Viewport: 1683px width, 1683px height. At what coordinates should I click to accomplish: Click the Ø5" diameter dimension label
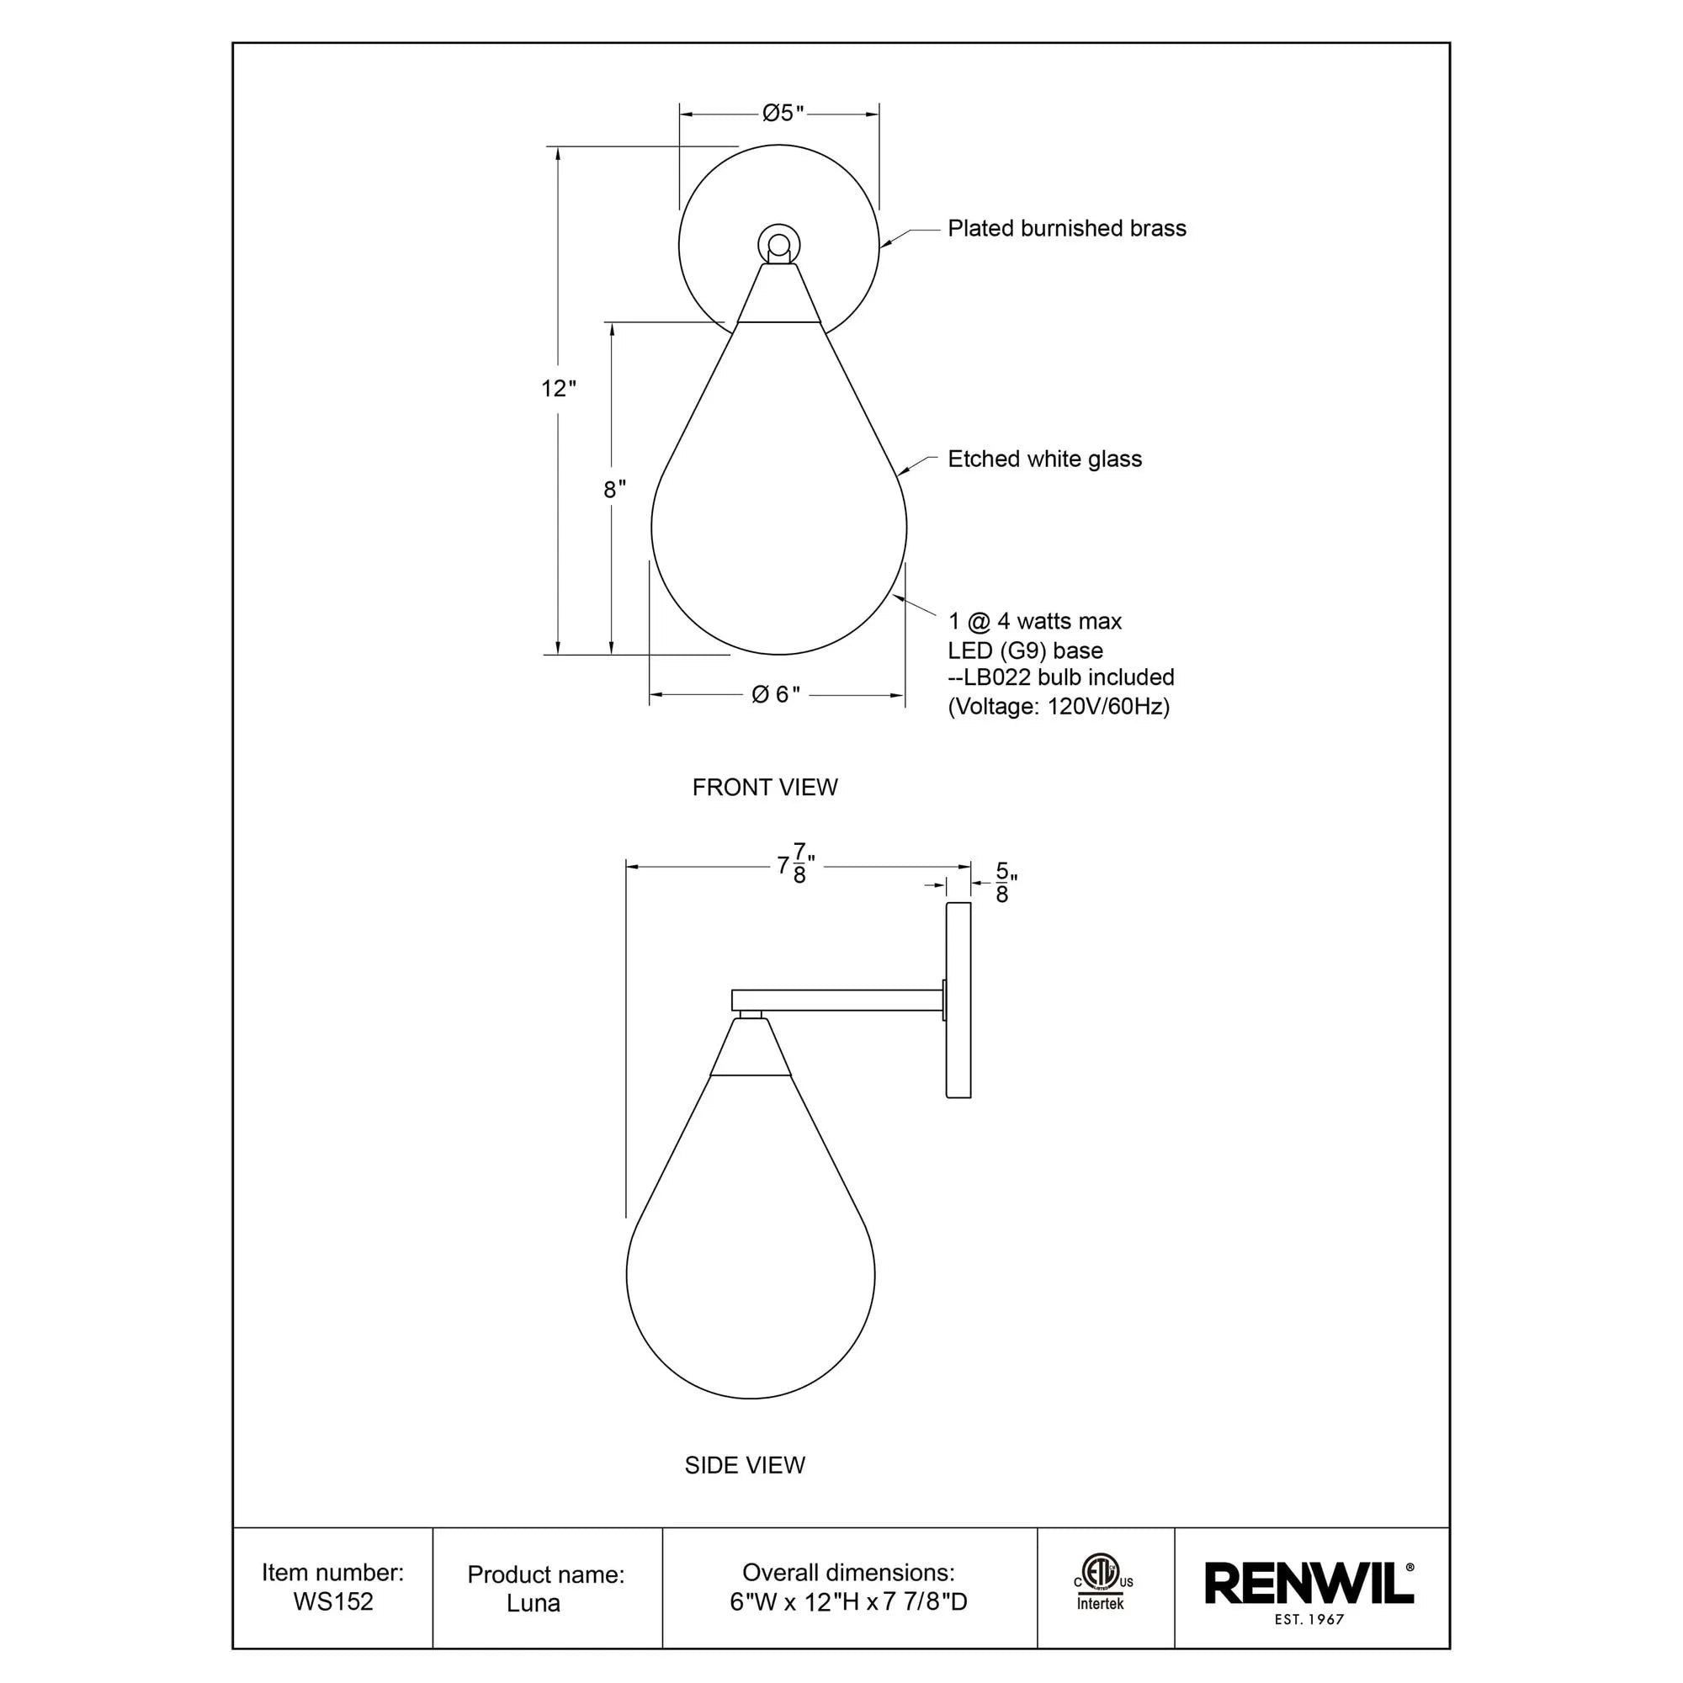tap(783, 114)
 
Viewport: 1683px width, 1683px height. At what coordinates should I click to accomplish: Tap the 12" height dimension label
tap(559, 389)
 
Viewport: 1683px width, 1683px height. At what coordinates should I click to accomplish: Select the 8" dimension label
tap(615, 490)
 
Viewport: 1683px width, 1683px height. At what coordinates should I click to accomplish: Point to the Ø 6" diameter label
tap(775, 694)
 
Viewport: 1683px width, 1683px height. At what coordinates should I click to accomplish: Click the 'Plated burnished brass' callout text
tap(1066, 228)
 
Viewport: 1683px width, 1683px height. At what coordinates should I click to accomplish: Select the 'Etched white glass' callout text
tap(1043, 459)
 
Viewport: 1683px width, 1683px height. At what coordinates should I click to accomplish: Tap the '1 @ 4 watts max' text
tap(1034, 621)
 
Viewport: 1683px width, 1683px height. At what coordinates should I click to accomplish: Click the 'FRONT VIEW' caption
tap(764, 788)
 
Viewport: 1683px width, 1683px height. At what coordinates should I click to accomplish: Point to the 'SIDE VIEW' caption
tap(744, 1465)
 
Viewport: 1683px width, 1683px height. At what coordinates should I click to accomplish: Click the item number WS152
tap(332, 1601)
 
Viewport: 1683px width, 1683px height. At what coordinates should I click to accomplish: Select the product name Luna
tap(534, 1603)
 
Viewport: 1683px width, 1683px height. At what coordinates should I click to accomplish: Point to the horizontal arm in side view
tap(836, 999)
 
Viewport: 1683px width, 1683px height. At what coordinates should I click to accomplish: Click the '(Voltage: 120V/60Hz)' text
tap(1059, 706)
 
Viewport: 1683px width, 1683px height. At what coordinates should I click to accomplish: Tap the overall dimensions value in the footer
tap(848, 1602)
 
